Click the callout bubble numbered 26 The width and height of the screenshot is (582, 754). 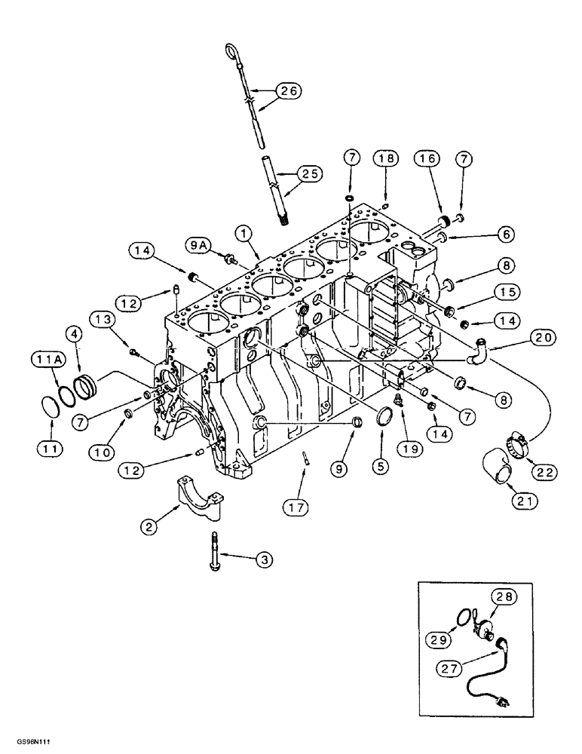click(286, 91)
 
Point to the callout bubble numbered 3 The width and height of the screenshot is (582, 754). click(263, 559)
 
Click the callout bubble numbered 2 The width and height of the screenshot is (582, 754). click(149, 527)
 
